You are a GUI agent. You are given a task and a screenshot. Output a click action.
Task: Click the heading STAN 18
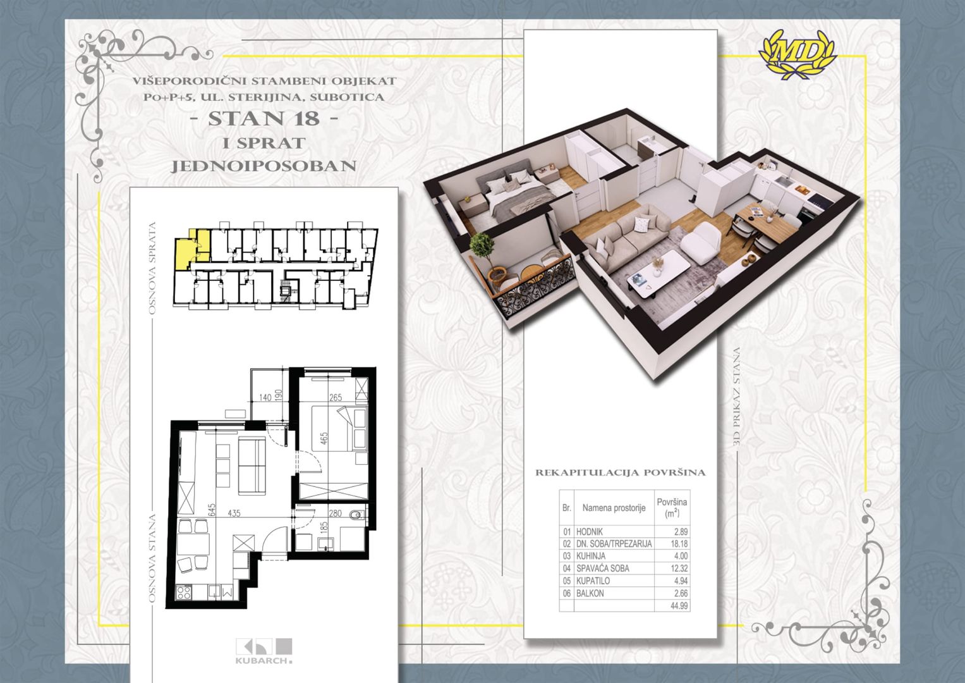(x=264, y=119)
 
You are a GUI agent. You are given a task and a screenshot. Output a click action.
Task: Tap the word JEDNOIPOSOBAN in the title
(x=264, y=166)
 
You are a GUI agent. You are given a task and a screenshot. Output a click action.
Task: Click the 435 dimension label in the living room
(x=234, y=513)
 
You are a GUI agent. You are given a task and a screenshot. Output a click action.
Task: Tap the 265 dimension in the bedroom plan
(x=336, y=397)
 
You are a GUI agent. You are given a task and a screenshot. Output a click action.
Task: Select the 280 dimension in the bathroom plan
(x=335, y=513)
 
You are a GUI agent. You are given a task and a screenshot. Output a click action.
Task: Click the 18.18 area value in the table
(x=679, y=544)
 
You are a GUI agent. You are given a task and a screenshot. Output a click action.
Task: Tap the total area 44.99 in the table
(x=679, y=606)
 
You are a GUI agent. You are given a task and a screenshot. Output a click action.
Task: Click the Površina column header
(x=672, y=507)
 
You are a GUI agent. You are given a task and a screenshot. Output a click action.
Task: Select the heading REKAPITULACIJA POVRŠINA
(x=621, y=472)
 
